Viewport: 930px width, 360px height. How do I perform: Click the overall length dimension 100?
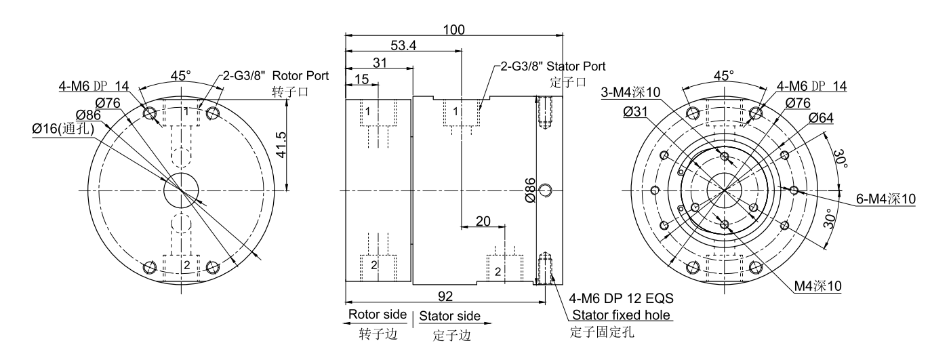click(x=453, y=30)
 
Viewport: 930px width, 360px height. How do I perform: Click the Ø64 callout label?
click(x=821, y=117)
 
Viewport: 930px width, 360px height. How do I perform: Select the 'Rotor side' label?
click(x=377, y=315)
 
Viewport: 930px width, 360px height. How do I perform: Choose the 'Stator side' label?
click(x=450, y=316)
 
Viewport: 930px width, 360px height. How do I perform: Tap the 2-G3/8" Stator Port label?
click(x=552, y=66)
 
